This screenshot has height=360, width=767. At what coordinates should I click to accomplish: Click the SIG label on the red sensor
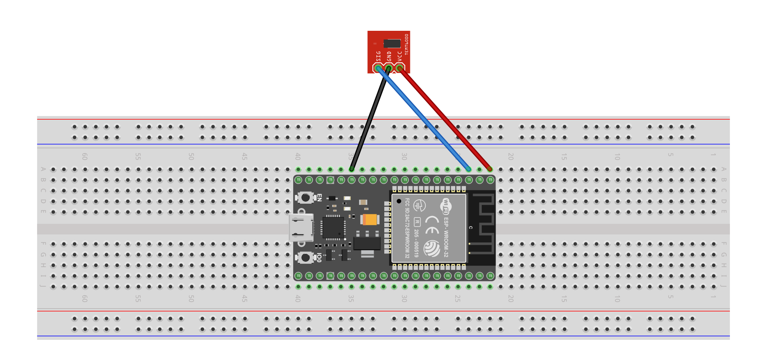378,56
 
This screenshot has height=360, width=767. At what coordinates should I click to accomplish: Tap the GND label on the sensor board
389,56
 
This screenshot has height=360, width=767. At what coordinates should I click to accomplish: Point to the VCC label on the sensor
400,56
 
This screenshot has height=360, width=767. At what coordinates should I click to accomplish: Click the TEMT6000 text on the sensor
407,44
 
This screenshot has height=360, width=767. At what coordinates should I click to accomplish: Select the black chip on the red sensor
392,43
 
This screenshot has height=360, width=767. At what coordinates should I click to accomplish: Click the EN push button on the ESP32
305,197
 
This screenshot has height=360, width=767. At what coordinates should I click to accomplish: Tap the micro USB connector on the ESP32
301,228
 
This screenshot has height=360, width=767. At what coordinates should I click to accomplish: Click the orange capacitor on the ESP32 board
370,219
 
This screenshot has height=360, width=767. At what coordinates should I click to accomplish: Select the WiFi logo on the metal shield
446,206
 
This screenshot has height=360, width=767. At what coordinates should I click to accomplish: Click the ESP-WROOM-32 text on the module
446,237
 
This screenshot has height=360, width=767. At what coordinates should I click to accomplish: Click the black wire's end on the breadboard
352,169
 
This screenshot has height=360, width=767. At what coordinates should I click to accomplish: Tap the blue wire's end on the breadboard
468,169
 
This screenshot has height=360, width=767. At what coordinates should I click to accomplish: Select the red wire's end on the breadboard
490,169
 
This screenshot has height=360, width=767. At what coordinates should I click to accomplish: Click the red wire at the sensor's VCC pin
400,68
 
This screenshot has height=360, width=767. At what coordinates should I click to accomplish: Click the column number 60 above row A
84,157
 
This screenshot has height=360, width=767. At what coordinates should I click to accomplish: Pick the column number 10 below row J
617,299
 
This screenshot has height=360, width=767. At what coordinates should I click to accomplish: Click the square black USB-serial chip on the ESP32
333,227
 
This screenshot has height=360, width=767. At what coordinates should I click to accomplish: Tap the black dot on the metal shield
399,201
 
